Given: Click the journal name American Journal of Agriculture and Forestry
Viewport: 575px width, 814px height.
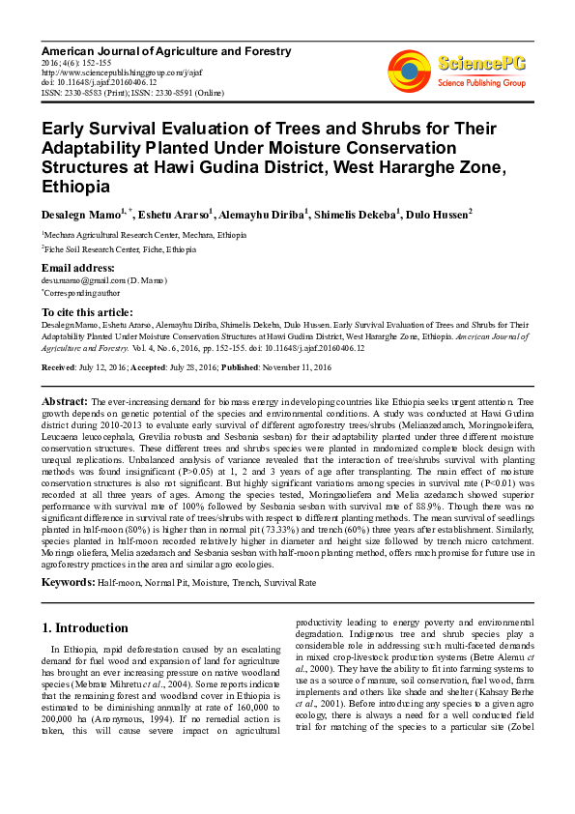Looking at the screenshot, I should click(146, 48).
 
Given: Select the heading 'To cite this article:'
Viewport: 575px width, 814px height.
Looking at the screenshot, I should click(87, 312).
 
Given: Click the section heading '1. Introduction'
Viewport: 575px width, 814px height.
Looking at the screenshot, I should click(85, 627).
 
